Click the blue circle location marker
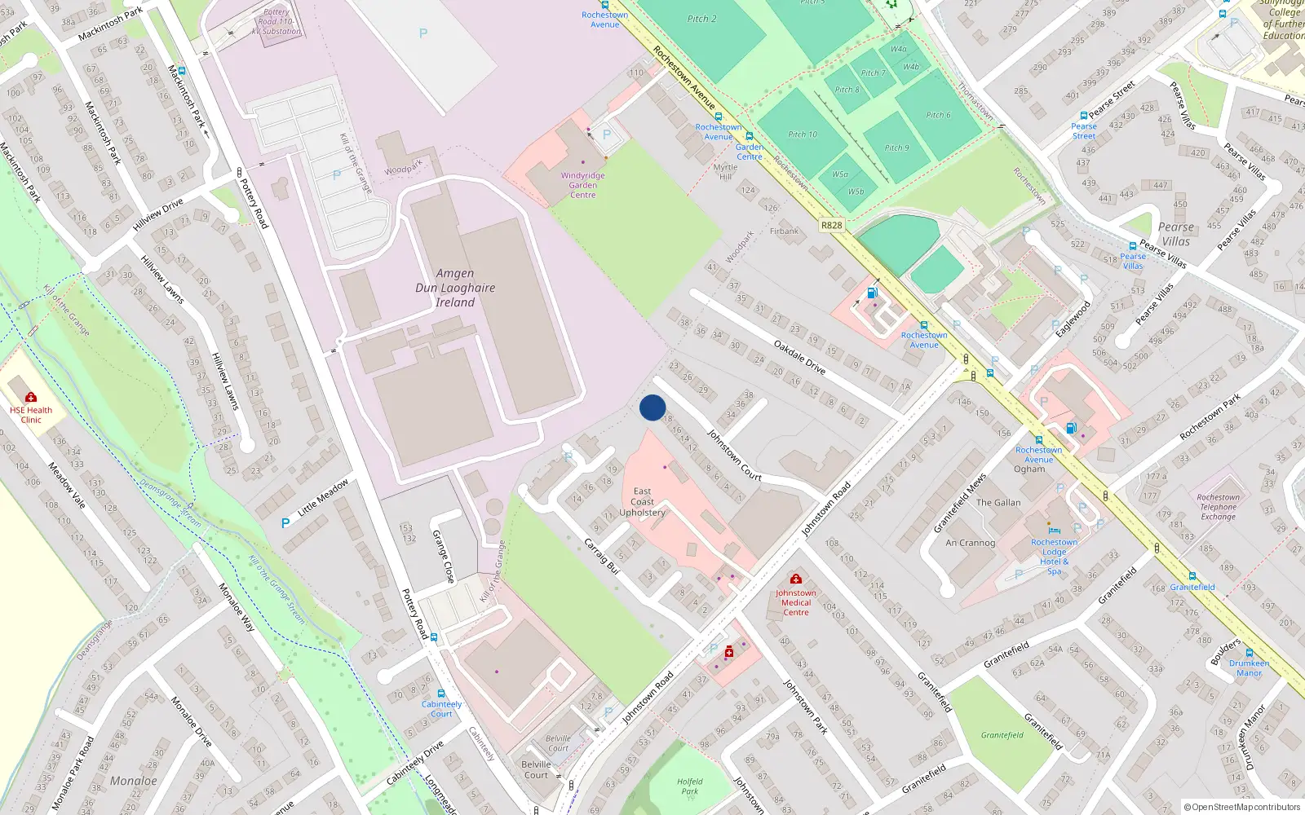pos(652,407)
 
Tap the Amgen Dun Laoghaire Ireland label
pos(455,288)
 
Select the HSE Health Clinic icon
pos(31,397)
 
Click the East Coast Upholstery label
pos(643,502)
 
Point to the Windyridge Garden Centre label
pos(582,185)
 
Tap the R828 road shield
pos(831,225)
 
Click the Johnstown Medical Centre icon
pos(796,579)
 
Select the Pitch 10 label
pos(803,134)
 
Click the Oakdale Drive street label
pos(799,357)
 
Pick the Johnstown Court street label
pos(734,455)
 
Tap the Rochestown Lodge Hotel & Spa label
pos(1054,557)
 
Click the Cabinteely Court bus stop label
pos(441,708)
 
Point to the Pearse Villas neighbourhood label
pos(1175,234)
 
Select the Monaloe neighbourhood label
pos(133,781)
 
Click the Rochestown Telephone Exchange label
pos(1218,507)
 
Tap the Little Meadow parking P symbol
pos(285,523)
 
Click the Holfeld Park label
pos(689,786)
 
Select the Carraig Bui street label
pos(603,556)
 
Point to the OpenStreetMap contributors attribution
pos(1242,807)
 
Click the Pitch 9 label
pos(896,148)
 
